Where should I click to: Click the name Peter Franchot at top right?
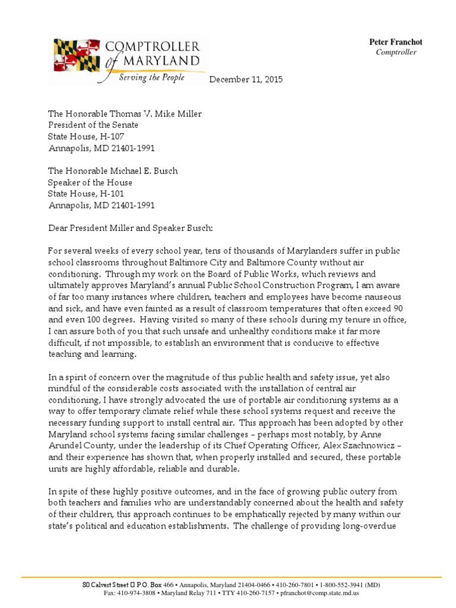click(x=396, y=42)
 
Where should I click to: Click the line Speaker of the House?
click(x=90, y=182)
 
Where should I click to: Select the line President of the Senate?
click(x=93, y=125)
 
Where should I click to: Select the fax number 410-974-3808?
click(x=137, y=593)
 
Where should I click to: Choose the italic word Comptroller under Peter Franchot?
click(x=396, y=52)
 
